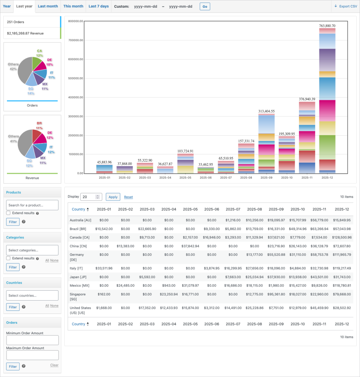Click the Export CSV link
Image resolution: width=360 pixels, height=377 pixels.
[x=346, y=6]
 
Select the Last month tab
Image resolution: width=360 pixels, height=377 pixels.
[x=48, y=6]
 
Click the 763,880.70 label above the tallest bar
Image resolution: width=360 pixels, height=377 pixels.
[x=327, y=26]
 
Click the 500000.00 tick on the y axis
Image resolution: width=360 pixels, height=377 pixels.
[x=76, y=78]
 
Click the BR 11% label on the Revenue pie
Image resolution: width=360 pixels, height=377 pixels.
[x=39, y=126]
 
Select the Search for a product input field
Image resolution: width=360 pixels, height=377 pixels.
[x=32, y=205]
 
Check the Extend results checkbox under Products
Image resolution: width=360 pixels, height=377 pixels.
[x=8, y=213]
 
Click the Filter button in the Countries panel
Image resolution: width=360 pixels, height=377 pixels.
[x=13, y=307]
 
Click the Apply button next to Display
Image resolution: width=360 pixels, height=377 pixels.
[x=113, y=197]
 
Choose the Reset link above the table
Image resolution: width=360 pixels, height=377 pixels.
[x=128, y=197]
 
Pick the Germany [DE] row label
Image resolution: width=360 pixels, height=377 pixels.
[x=77, y=257]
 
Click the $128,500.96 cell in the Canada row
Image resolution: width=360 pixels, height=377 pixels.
[x=342, y=237]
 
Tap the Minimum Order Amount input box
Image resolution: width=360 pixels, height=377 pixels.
[x=32, y=340]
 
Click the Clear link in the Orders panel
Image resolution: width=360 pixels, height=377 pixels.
[x=54, y=365]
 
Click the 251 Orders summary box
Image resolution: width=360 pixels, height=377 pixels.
[x=32, y=22]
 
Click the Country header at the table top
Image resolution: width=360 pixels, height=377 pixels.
[x=78, y=209]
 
